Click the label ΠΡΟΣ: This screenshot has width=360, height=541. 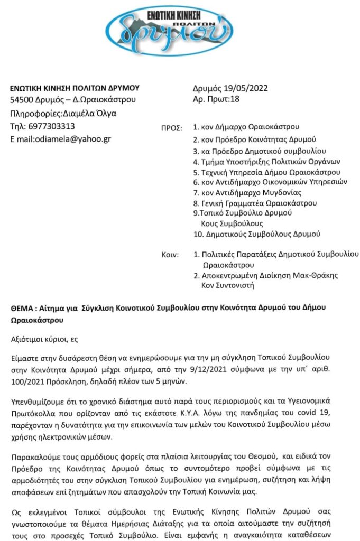coord(171,128)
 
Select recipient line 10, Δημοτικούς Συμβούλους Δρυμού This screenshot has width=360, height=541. coord(257,234)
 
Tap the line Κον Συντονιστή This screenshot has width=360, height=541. coord(228,286)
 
